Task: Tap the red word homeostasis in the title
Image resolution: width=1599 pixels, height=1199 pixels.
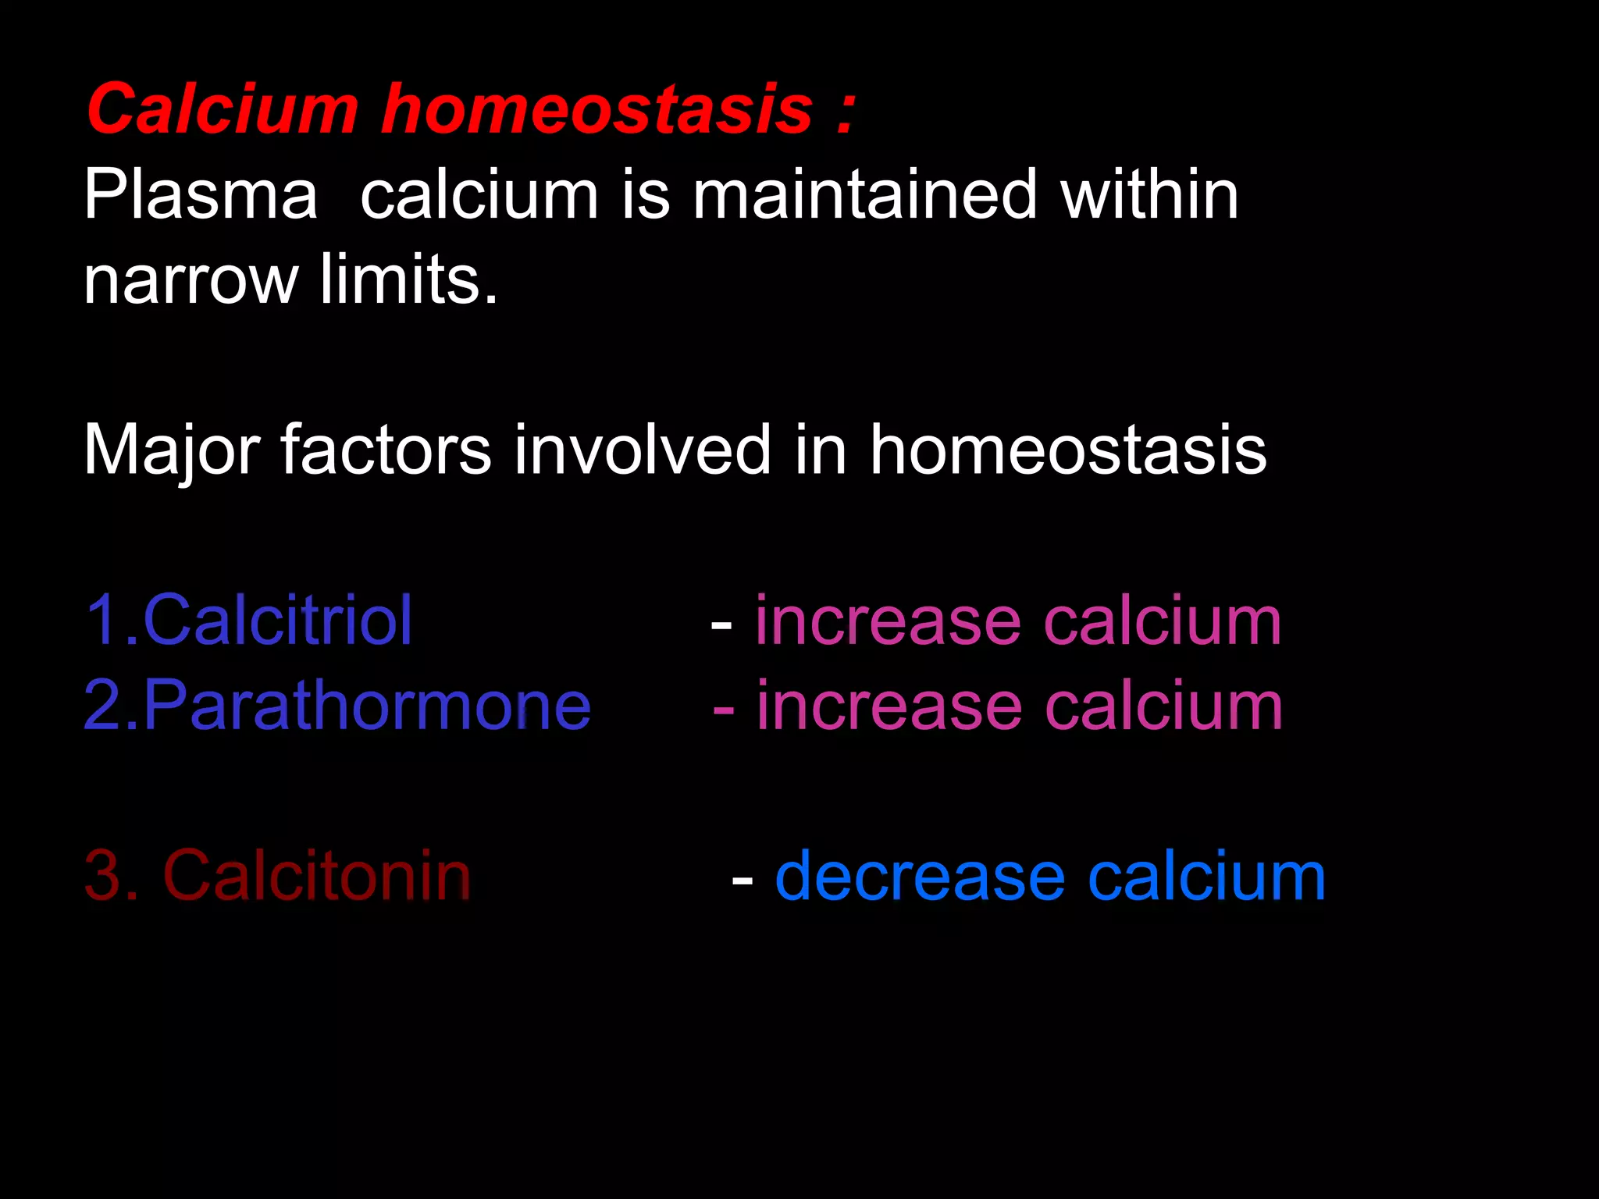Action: pos(597,109)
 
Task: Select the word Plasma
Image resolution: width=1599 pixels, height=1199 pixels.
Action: pos(201,195)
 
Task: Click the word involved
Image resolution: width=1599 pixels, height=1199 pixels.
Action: pos(643,450)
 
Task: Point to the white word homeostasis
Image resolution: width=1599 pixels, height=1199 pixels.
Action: pos(1068,450)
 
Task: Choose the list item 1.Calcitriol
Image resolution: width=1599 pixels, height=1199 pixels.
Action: pos(248,621)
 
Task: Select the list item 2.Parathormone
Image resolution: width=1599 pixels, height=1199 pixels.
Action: pos(337,706)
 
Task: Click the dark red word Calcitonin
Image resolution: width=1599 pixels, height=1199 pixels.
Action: pos(316,877)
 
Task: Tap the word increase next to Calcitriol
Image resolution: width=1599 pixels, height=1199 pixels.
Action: pos(888,622)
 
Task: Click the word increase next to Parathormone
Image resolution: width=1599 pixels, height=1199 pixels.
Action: pos(889,706)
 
